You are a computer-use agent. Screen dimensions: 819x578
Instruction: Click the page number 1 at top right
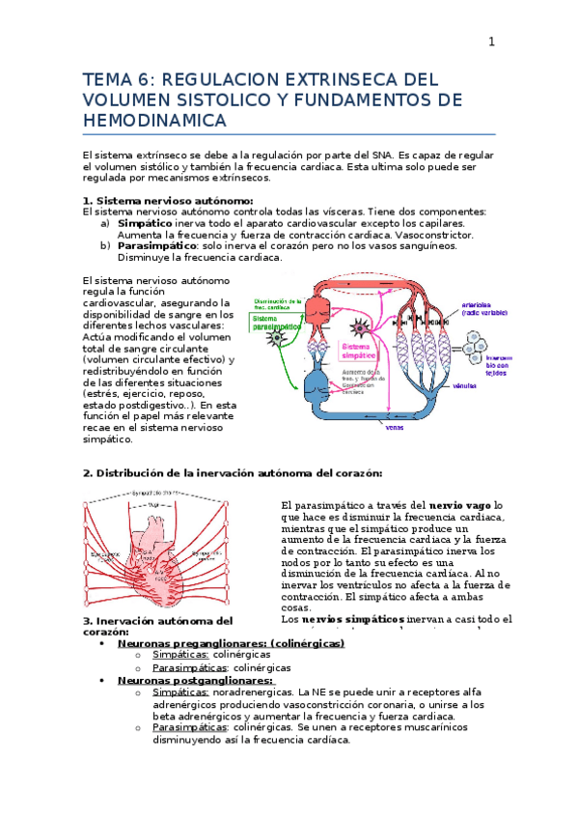(x=491, y=42)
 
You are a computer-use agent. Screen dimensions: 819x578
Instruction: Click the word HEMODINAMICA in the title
(x=155, y=121)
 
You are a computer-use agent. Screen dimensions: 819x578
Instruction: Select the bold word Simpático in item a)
(x=145, y=222)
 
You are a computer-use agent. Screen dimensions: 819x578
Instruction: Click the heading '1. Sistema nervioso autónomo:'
(x=169, y=200)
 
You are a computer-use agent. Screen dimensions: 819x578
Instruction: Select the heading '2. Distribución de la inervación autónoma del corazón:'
(x=233, y=473)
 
